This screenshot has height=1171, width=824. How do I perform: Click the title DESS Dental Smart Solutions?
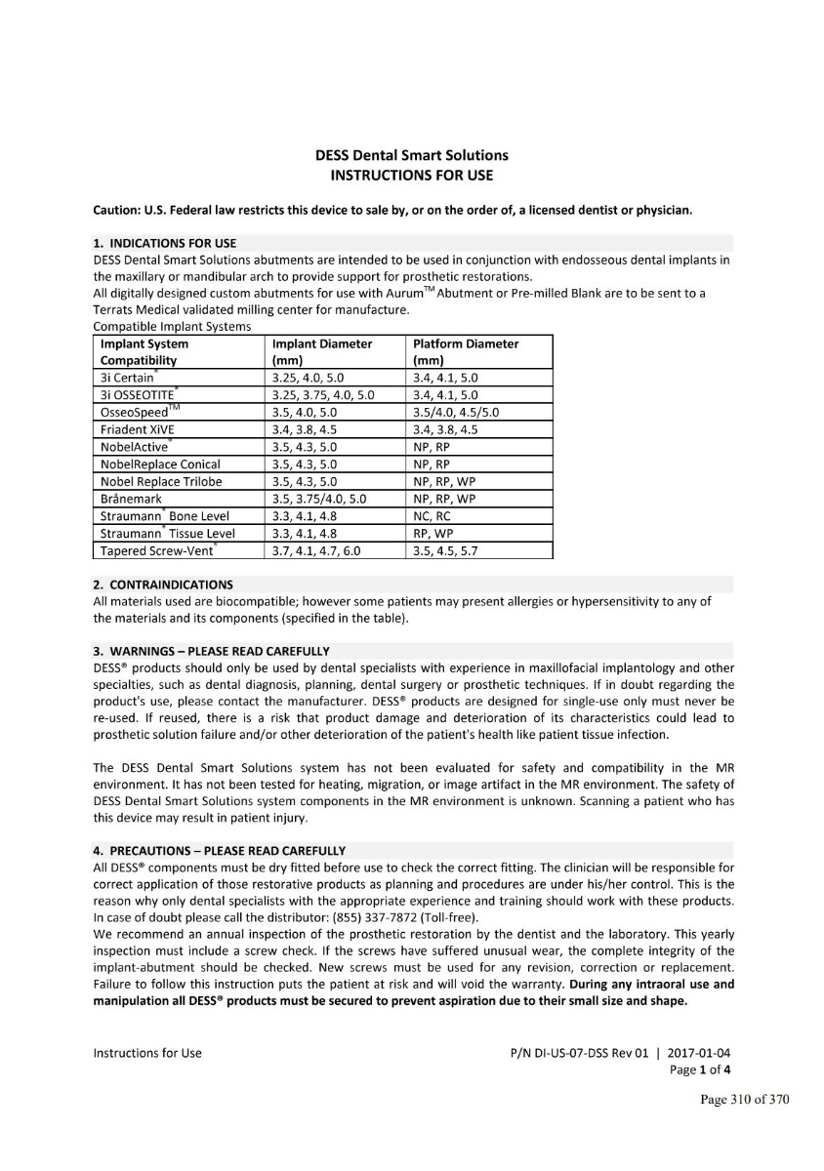tap(411, 155)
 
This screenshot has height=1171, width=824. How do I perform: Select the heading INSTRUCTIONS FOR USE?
tap(411, 176)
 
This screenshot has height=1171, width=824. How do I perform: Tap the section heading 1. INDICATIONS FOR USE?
tap(164, 243)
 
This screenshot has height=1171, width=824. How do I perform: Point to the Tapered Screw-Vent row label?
tap(157, 551)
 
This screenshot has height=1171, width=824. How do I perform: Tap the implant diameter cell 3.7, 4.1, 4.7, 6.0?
tap(315, 551)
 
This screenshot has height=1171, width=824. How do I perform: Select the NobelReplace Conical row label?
tap(160, 464)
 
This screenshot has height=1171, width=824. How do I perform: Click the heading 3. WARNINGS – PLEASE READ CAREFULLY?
tap(211, 651)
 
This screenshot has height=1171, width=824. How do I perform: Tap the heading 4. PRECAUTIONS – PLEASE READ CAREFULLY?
tap(219, 851)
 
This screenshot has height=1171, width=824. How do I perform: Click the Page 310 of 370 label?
tap(744, 1101)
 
